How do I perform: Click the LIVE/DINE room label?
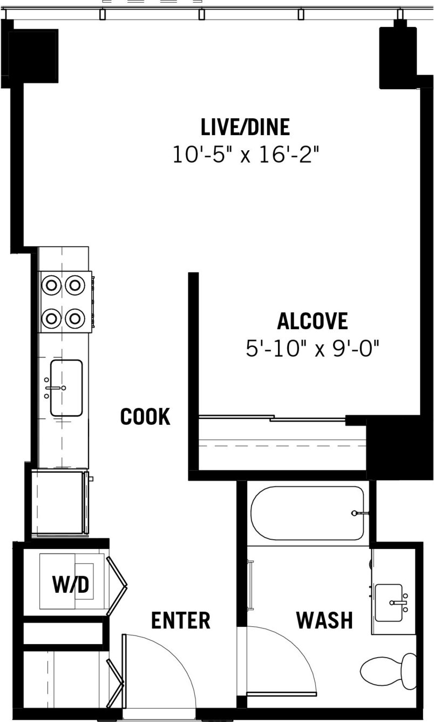(245, 127)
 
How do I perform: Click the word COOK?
(145, 417)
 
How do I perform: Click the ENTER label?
(181, 620)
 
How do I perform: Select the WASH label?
(324, 620)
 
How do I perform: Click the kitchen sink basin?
(66, 388)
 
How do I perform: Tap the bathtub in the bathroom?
(307, 513)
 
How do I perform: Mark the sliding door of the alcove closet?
(272, 418)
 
